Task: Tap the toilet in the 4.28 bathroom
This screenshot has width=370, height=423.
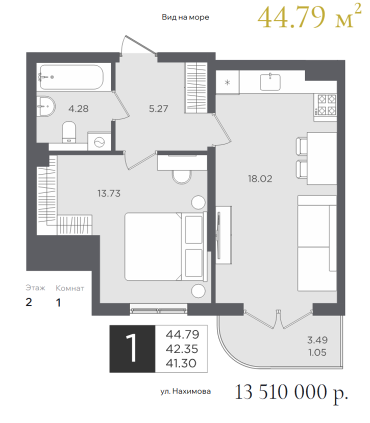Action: coord(69,132)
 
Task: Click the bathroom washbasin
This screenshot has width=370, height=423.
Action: coord(46,107)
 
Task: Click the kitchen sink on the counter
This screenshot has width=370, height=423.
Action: coord(270,82)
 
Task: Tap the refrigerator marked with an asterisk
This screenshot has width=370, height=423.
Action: coord(228,82)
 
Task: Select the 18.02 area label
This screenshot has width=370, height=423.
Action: coord(260,178)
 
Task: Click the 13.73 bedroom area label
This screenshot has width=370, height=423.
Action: coord(109,194)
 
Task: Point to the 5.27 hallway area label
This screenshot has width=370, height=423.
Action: coord(159,109)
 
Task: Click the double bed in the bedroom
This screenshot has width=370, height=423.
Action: coord(164,247)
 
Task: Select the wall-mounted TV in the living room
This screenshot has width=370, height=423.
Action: coord(219,235)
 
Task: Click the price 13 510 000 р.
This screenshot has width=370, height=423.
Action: coord(291,392)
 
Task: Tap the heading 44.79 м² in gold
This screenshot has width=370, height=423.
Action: coord(309,16)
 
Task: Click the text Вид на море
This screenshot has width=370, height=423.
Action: coord(186,17)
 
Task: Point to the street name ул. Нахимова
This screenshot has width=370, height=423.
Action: coord(186,391)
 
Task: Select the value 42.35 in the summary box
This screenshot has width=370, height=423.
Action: coord(182,349)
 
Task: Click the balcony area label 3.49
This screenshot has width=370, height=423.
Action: coord(317,340)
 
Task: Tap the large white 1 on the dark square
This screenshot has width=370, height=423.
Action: coord(132,348)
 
